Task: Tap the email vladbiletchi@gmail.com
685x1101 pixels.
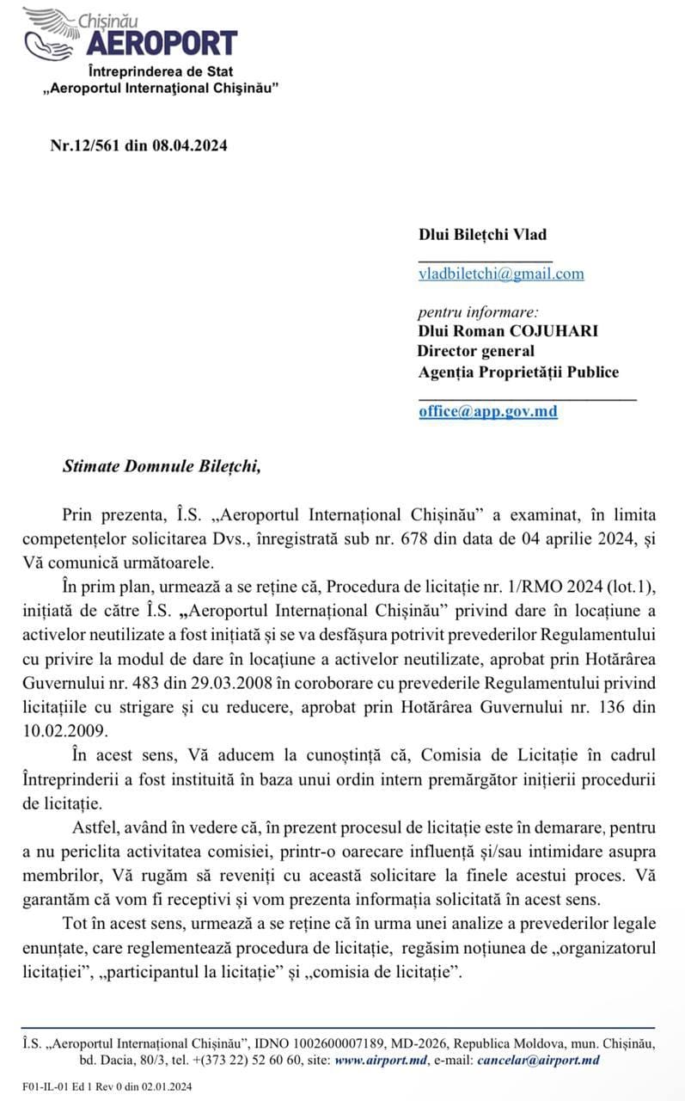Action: pyautogui.click(x=501, y=274)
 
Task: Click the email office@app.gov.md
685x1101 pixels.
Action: pyautogui.click(x=488, y=411)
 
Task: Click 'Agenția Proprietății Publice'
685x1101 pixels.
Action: pyautogui.click(x=518, y=372)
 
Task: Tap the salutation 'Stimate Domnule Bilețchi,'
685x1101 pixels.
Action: pyautogui.click(x=160, y=466)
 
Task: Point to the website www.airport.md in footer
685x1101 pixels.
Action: pyautogui.click(x=380, y=1060)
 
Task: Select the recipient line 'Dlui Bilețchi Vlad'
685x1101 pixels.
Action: pyautogui.click(x=482, y=234)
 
